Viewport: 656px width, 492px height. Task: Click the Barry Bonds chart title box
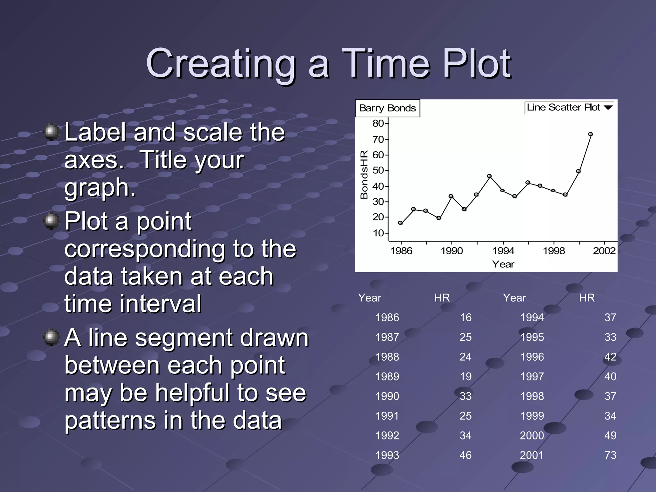387,108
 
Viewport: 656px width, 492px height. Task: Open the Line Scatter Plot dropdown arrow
608,108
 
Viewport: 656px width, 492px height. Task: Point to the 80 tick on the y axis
378,123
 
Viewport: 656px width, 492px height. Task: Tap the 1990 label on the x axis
452,251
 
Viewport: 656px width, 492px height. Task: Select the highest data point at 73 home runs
590,134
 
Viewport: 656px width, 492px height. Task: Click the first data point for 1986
400,223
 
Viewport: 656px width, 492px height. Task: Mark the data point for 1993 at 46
489,176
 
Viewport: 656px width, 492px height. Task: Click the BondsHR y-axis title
364,175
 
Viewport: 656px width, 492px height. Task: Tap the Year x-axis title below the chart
503,264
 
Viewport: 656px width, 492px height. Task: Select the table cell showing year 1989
387,376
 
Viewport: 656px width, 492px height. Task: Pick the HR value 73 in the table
610,455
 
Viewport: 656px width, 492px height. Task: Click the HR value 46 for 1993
465,455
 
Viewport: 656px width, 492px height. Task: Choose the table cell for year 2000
532,436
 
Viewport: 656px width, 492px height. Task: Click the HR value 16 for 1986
466,317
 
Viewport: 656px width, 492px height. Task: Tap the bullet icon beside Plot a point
51,221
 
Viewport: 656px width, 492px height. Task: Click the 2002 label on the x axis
604,251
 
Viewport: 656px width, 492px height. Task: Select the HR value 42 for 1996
610,357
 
